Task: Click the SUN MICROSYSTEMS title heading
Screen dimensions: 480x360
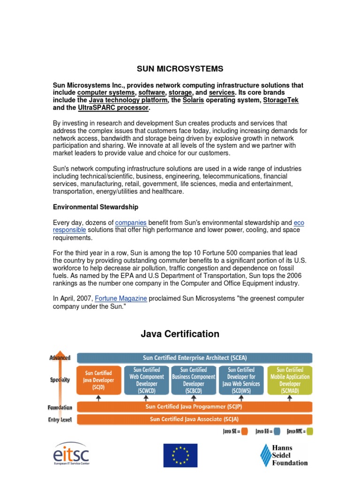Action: (x=180, y=69)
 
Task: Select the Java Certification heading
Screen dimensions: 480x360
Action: (x=180, y=334)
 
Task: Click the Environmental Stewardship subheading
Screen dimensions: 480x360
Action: (x=95, y=207)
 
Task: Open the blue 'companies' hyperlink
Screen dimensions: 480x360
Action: (x=131, y=223)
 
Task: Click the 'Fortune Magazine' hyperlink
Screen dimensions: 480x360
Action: (x=121, y=299)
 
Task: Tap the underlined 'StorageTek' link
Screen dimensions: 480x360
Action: (x=281, y=100)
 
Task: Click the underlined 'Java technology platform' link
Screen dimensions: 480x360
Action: (x=128, y=100)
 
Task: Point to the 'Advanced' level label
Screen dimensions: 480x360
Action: (x=60, y=358)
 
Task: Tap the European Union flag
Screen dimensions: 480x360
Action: (x=180, y=455)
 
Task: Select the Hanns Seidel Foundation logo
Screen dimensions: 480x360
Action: (x=284, y=455)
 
